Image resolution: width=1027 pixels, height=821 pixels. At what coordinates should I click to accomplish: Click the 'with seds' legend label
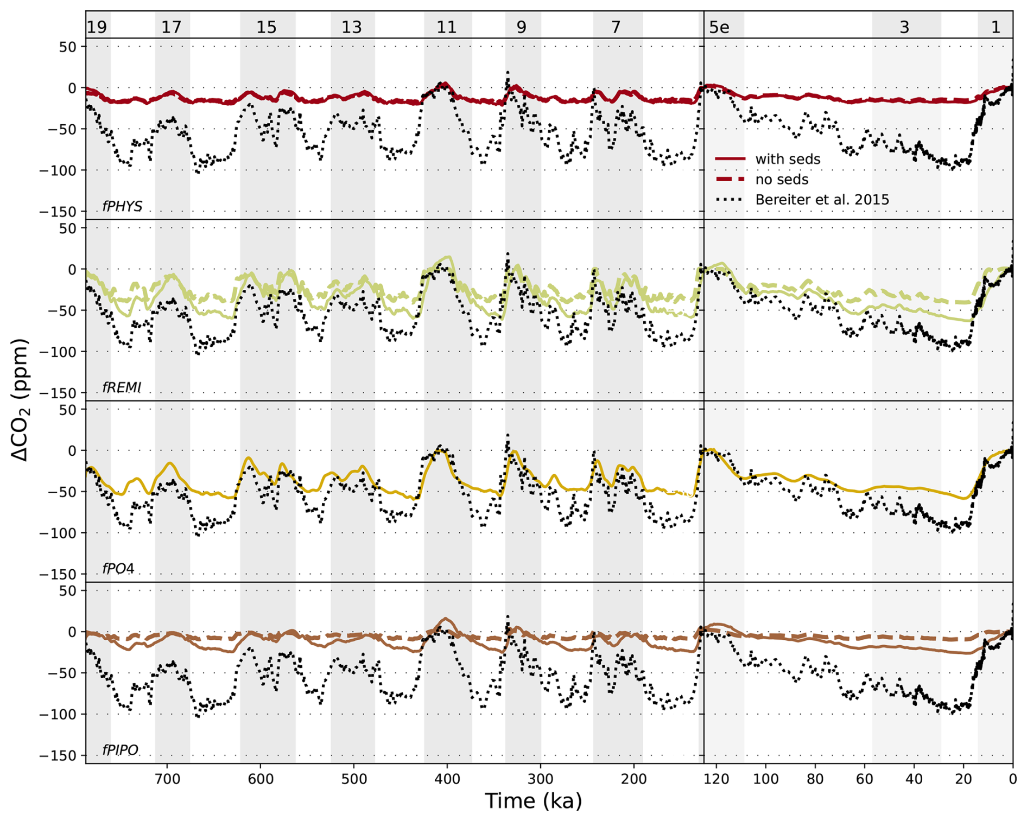(787, 159)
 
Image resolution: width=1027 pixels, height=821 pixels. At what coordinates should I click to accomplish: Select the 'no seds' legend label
(781, 180)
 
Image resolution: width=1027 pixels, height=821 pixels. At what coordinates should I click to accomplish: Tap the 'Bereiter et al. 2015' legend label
(822, 200)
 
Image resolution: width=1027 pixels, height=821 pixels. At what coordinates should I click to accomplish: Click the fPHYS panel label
(122, 206)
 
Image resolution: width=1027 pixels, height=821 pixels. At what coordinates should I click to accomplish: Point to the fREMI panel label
(122, 387)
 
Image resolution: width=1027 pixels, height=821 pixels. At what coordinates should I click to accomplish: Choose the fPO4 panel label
(118, 568)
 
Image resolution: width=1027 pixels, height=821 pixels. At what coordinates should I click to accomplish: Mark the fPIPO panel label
(120, 750)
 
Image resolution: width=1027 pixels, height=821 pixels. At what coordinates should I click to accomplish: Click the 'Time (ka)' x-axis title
(533, 801)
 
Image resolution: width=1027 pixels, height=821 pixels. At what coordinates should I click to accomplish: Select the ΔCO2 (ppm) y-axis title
(21, 400)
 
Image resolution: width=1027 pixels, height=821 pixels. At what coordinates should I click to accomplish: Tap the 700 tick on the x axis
(167, 779)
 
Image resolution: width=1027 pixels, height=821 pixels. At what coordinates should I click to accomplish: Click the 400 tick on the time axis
(447, 779)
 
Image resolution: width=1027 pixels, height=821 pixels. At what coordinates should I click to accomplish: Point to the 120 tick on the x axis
(717, 779)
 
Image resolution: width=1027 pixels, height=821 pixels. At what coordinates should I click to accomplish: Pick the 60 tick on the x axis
(865, 779)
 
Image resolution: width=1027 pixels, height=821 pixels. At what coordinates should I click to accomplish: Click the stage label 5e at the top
(719, 27)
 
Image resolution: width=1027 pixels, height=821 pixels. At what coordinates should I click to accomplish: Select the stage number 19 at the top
(97, 27)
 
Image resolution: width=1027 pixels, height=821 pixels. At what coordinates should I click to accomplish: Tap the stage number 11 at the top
(447, 27)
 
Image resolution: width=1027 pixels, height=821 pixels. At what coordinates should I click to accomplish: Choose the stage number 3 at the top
(904, 27)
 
